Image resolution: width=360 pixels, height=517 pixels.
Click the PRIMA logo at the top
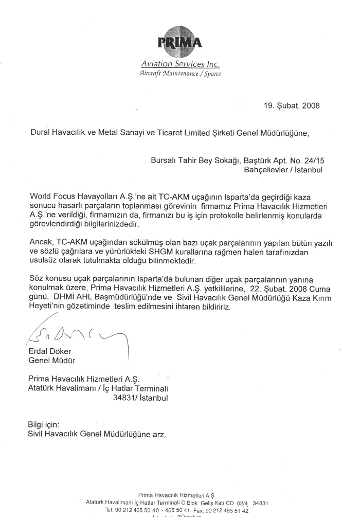pyautogui.click(x=180, y=43)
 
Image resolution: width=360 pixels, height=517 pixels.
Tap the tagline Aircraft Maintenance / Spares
pyautogui.click(x=180, y=73)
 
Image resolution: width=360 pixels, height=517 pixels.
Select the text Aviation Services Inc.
pyautogui.click(x=180, y=65)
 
